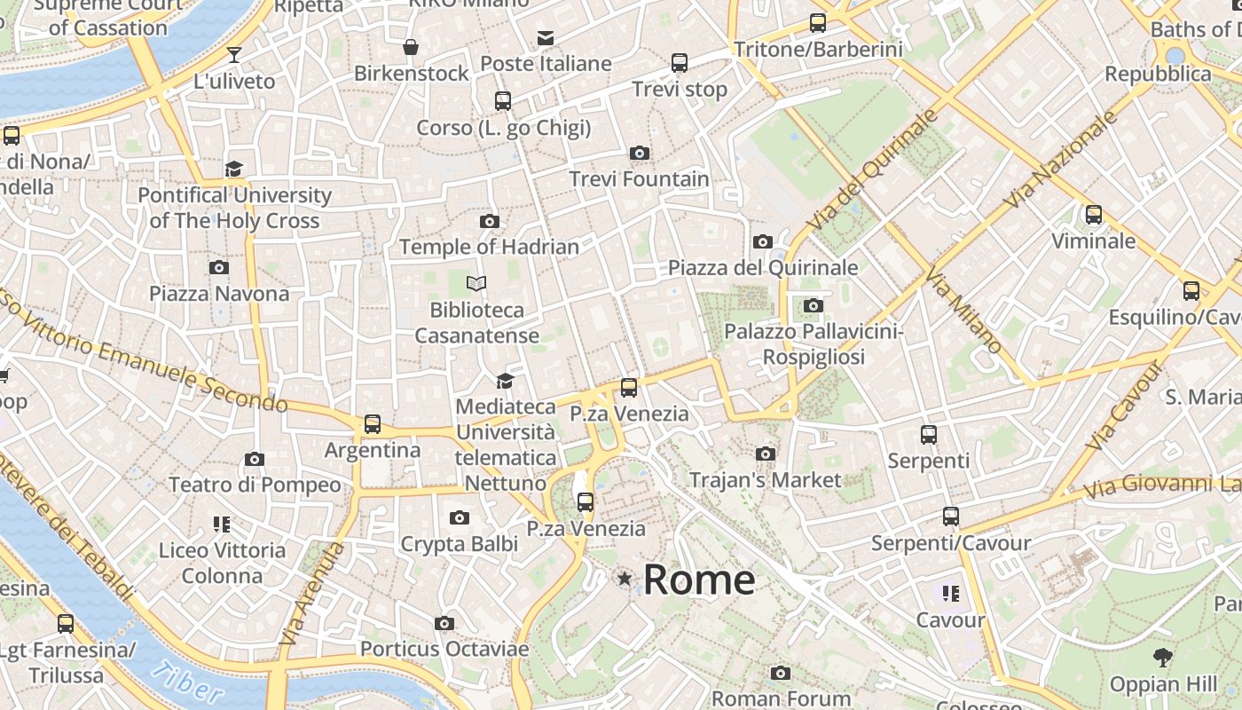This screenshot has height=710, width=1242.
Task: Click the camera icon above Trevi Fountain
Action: (639, 154)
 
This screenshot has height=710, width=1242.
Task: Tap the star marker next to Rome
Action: (625, 580)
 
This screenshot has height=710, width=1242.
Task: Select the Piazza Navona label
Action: (219, 293)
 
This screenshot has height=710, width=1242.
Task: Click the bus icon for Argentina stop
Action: (373, 424)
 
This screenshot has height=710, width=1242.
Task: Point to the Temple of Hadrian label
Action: (489, 247)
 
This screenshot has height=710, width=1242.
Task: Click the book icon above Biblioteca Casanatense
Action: (477, 284)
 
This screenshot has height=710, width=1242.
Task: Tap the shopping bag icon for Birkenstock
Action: (411, 47)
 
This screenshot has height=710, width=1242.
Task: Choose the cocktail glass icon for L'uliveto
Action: (234, 55)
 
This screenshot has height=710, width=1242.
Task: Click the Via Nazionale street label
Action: (1060, 161)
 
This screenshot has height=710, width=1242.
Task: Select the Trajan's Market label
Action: (765, 480)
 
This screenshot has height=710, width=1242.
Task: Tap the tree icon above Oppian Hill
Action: (1163, 658)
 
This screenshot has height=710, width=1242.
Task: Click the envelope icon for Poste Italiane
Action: (546, 38)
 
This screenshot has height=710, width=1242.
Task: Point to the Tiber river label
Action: (187, 681)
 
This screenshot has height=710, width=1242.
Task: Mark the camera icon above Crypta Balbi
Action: (459, 518)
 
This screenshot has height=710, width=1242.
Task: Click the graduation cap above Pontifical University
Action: (234, 169)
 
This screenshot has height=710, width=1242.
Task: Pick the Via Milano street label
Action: (963, 311)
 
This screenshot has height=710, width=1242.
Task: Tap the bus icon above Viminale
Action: (1093, 214)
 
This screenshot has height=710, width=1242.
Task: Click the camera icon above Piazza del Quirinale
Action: (762, 241)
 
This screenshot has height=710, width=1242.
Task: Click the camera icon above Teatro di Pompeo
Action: (255, 459)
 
